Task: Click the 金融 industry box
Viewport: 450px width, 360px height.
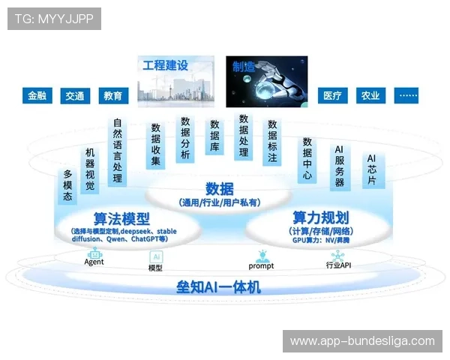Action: tap(37, 96)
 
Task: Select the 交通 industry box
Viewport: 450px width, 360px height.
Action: tap(75, 96)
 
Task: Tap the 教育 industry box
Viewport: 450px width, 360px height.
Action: tap(113, 96)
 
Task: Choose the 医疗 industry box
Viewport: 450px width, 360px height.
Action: tap(332, 96)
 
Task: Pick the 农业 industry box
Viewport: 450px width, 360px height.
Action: tap(370, 96)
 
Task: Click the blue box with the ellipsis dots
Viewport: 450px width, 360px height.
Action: tap(408, 96)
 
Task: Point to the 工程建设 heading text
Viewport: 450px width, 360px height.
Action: tap(166, 66)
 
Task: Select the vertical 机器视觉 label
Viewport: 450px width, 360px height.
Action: tap(90, 169)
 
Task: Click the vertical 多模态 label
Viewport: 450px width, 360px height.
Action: tap(67, 186)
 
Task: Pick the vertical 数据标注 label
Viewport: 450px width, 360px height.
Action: tap(272, 142)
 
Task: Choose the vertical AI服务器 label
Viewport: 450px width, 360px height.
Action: tap(339, 166)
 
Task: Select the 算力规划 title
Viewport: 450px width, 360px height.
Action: tap(320, 217)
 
